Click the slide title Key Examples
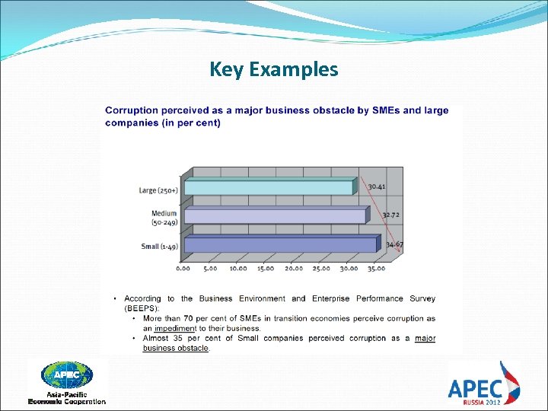[x=274, y=69]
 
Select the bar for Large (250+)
[x=269, y=187]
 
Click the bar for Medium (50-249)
[x=275, y=216]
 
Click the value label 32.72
[x=390, y=215]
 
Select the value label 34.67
[x=394, y=244]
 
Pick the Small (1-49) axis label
[x=161, y=247]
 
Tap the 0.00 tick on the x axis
[x=183, y=268]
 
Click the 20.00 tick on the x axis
[x=293, y=268]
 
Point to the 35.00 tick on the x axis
[x=375, y=268]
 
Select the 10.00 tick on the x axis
[x=238, y=268]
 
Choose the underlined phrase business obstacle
[x=176, y=349]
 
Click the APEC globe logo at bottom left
[x=67, y=376]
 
